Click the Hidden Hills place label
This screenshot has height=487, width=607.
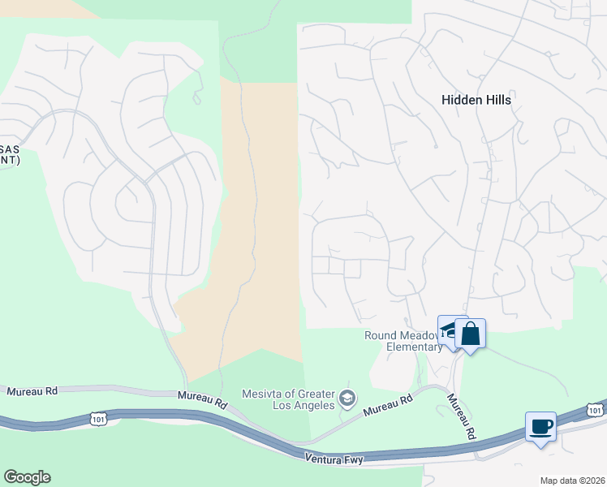[476, 99]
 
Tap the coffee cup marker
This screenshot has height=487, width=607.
[540, 426]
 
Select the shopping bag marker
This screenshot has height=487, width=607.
[471, 334]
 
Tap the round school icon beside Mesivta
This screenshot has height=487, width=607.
[347, 398]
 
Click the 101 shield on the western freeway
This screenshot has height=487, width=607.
[97, 419]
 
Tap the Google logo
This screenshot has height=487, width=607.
[27, 477]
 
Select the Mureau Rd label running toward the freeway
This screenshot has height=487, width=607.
[461, 417]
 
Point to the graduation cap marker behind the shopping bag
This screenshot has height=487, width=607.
[447, 329]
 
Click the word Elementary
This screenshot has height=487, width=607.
[414, 347]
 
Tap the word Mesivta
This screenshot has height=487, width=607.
[262, 394]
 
